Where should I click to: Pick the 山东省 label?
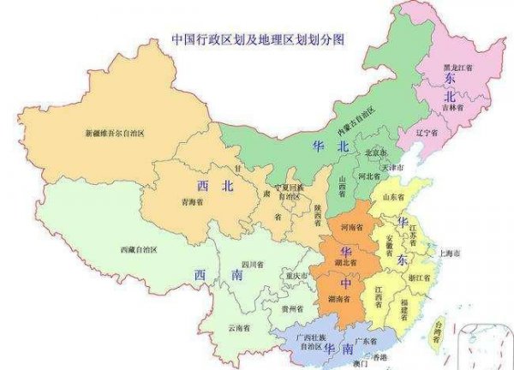(x=394, y=197)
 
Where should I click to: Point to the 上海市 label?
(x=449, y=254)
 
